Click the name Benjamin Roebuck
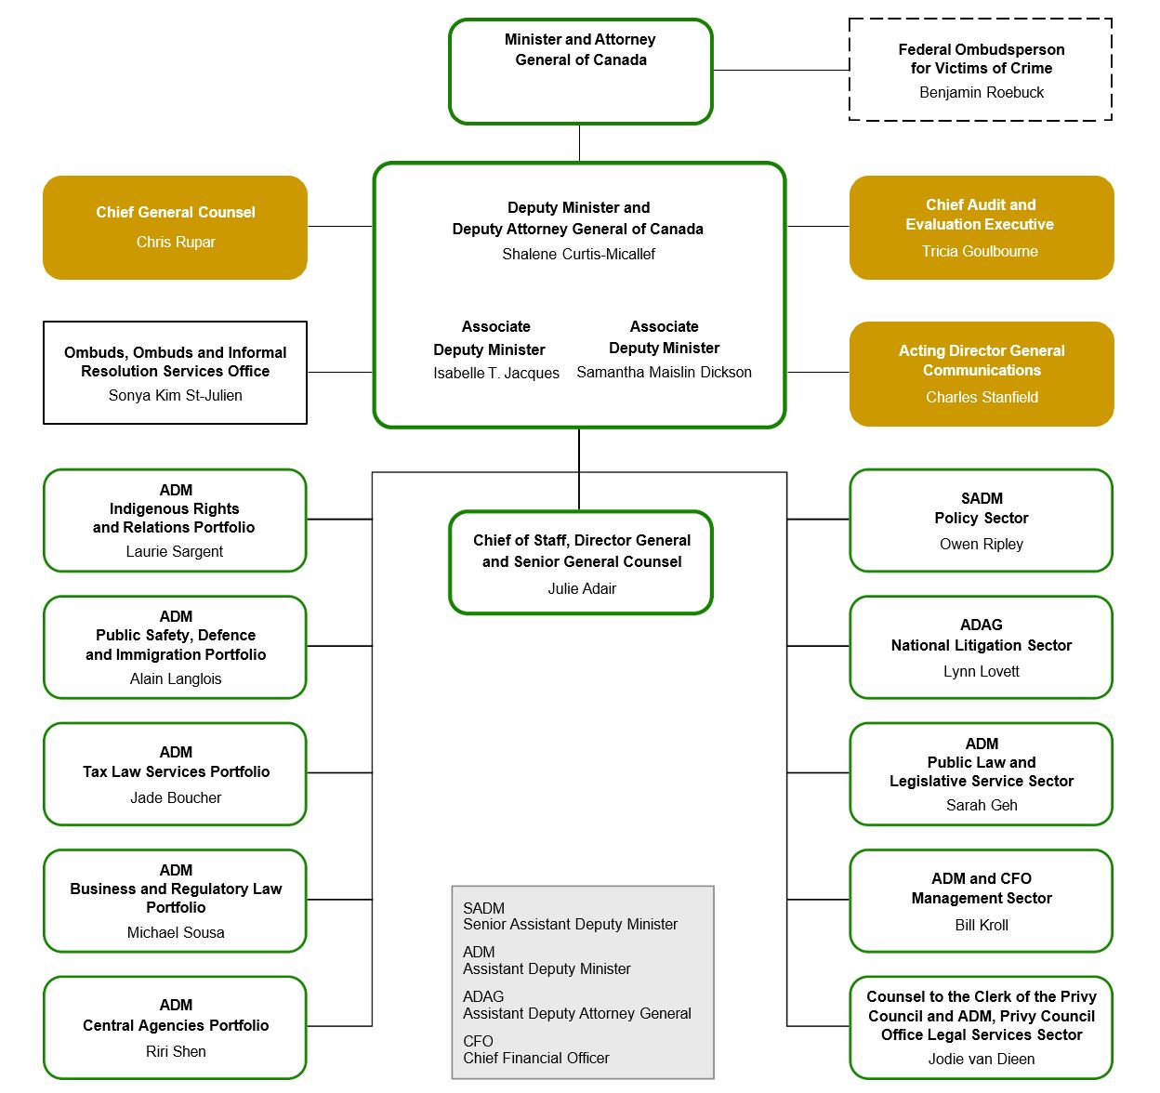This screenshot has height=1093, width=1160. click(x=982, y=92)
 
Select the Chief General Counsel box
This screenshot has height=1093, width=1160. click(x=175, y=228)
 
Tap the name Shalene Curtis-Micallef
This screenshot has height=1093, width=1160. click(x=578, y=254)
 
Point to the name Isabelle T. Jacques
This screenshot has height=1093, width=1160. click(x=496, y=373)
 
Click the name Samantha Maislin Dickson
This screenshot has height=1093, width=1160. click(x=664, y=372)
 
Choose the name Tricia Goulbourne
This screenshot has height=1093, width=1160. click(x=980, y=251)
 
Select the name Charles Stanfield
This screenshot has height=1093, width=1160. click(x=982, y=397)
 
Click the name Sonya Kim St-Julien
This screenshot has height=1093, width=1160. click(x=175, y=395)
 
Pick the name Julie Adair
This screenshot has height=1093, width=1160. click(x=582, y=588)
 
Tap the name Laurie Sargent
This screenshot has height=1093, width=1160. click(x=175, y=551)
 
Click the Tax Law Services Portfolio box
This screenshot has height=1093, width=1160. click(x=175, y=773)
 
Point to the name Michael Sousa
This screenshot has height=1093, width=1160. click(x=176, y=932)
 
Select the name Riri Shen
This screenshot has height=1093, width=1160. click(x=176, y=1051)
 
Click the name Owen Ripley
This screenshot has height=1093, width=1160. click(x=982, y=544)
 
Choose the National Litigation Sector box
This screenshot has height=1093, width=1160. click(x=981, y=647)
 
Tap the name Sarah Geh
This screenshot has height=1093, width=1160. click(x=982, y=805)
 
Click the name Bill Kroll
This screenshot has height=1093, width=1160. click(x=982, y=925)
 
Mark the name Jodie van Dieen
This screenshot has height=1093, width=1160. click(x=982, y=1059)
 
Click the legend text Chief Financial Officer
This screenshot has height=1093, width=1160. click(x=536, y=1058)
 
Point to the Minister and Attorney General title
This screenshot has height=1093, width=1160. click(x=580, y=49)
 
